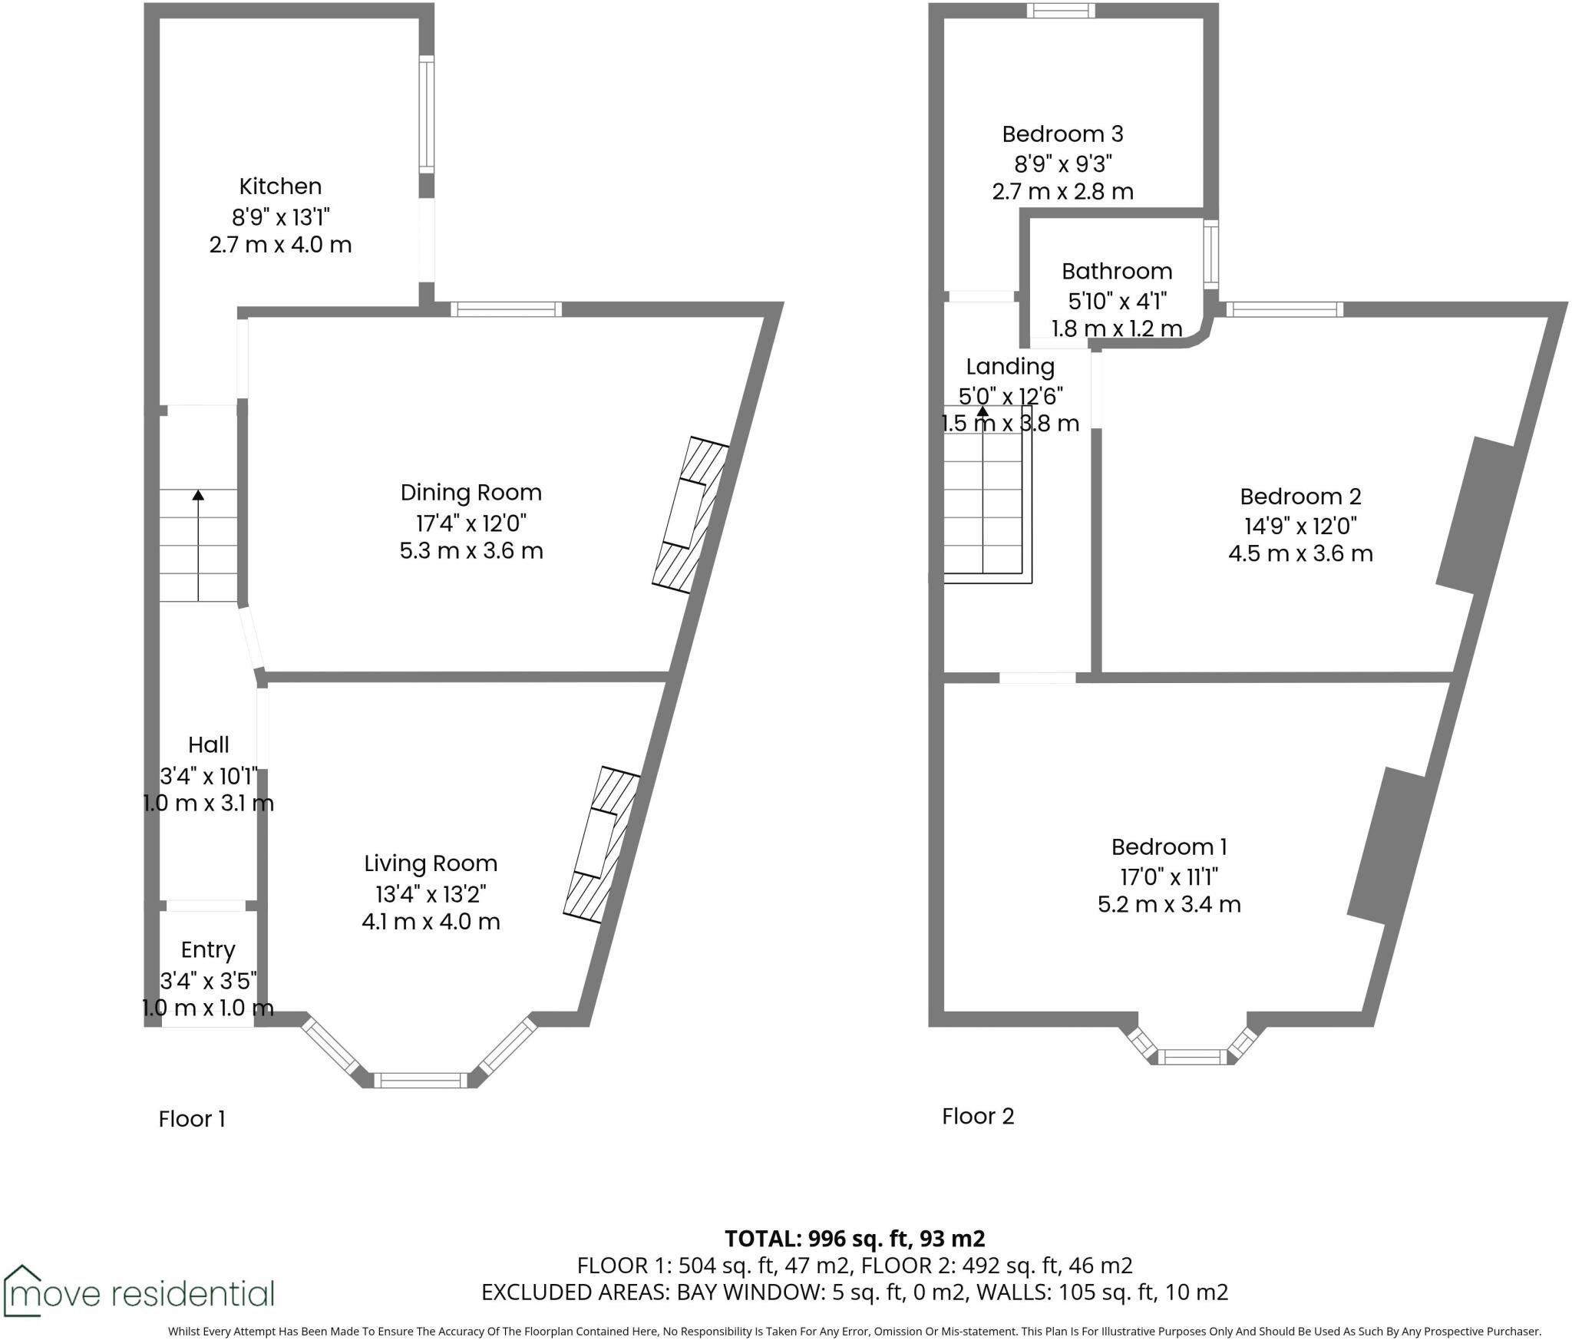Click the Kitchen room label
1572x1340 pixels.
pyautogui.click(x=280, y=186)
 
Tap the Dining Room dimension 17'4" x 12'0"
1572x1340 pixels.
pyautogui.click(x=471, y=523)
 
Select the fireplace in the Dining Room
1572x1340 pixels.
pyautogui.click(x=690, y=514)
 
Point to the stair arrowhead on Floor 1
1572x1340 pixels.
pyautogui.click(x=198, y=495)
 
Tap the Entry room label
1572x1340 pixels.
pyautogui.click(x=207, y=950)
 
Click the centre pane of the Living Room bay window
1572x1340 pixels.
pyautogui.click(x=424, y=1081)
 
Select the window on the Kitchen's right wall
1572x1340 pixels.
pyautogui.click(x=426, y=114)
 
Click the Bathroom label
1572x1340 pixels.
pyautogui.click(x=1116, y=271)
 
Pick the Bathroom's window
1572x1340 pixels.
pyautogui.click(x=1210, y=253)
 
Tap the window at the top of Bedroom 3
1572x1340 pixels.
pyautogui.click(x=1062, y=10)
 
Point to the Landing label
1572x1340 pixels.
pyautogui.click(x=1009, y=366)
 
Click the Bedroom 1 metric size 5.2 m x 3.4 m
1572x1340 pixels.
pyautogui.click(x=1168, y=904)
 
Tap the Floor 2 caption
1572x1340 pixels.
pyautogui.click(x=977, y=1116)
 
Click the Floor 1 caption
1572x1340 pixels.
pyautogui.click(x=192, y=1119)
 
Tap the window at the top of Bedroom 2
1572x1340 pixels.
pyautogui.click(x=1284, y=309)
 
